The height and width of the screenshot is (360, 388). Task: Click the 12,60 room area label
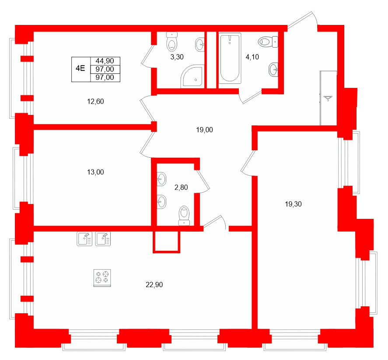[x=95, y=102]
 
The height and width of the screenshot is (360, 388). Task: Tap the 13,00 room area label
[x=95, y=172]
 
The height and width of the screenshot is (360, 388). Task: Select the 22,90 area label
[x=154, y=285]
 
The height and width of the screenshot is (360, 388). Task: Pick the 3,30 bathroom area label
[x=177, y=57]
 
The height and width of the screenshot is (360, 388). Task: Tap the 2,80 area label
[x=181, y=187]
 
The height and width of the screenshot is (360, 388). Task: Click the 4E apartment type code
[x=80, y=69]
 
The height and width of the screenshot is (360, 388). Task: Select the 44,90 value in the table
[x=105, y=61]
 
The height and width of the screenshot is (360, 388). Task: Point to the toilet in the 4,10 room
[x=267, y=42]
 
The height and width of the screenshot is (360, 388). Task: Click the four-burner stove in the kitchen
[x=102, y=278]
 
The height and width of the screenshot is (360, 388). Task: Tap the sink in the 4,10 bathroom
[x=273, y=68]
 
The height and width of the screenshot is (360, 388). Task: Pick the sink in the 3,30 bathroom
[x=200, y=43]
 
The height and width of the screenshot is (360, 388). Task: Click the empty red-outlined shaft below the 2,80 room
[x=166, y=241]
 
